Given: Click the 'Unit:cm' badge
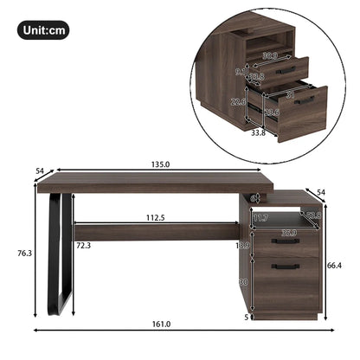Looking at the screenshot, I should tap(43, 31).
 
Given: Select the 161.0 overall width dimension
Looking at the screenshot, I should tap(163, 325).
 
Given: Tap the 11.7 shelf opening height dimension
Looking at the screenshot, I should tap(262, 217).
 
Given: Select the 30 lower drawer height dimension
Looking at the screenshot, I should tap(245, 281).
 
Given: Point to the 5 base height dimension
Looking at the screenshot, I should tap(247, 317).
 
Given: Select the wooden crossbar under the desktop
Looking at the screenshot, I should tap(156, 230).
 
